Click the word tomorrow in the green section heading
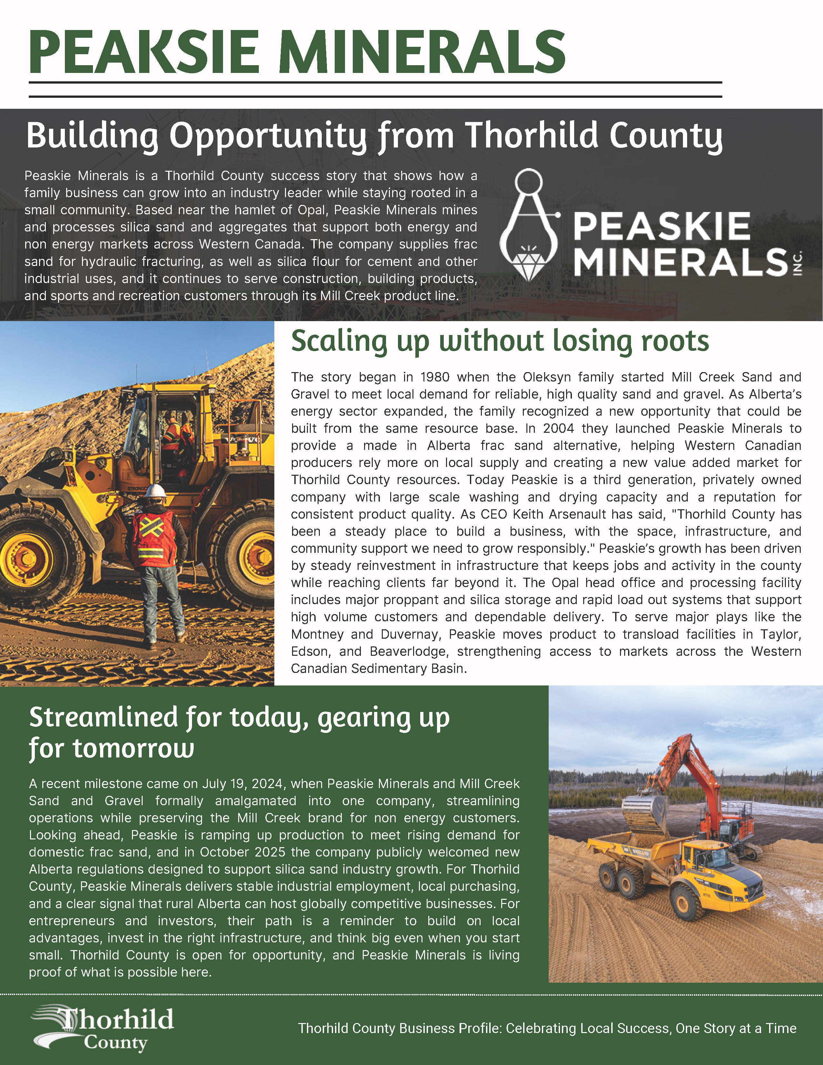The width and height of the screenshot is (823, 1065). [x=133, y=748]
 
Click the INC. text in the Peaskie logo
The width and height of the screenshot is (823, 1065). [x=798, y=263]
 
